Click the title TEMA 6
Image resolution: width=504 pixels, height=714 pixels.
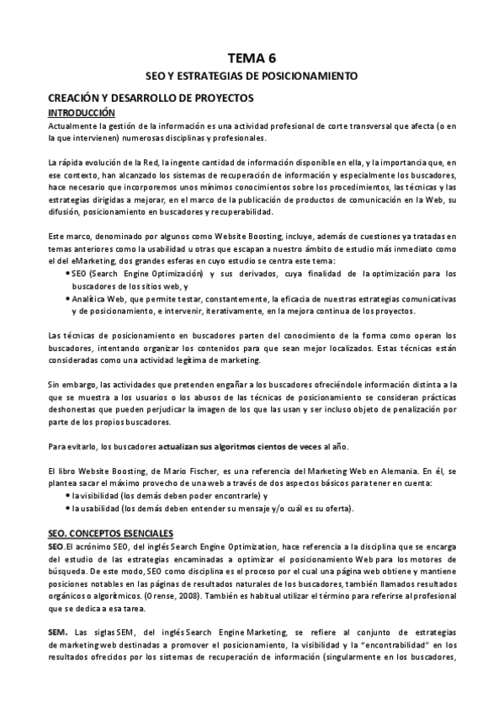(x=252, y=57)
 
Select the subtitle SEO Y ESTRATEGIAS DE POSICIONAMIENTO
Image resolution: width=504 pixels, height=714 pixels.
(x=252, y=76)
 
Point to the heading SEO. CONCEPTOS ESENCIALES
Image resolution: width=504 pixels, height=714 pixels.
(x=110, y=533)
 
